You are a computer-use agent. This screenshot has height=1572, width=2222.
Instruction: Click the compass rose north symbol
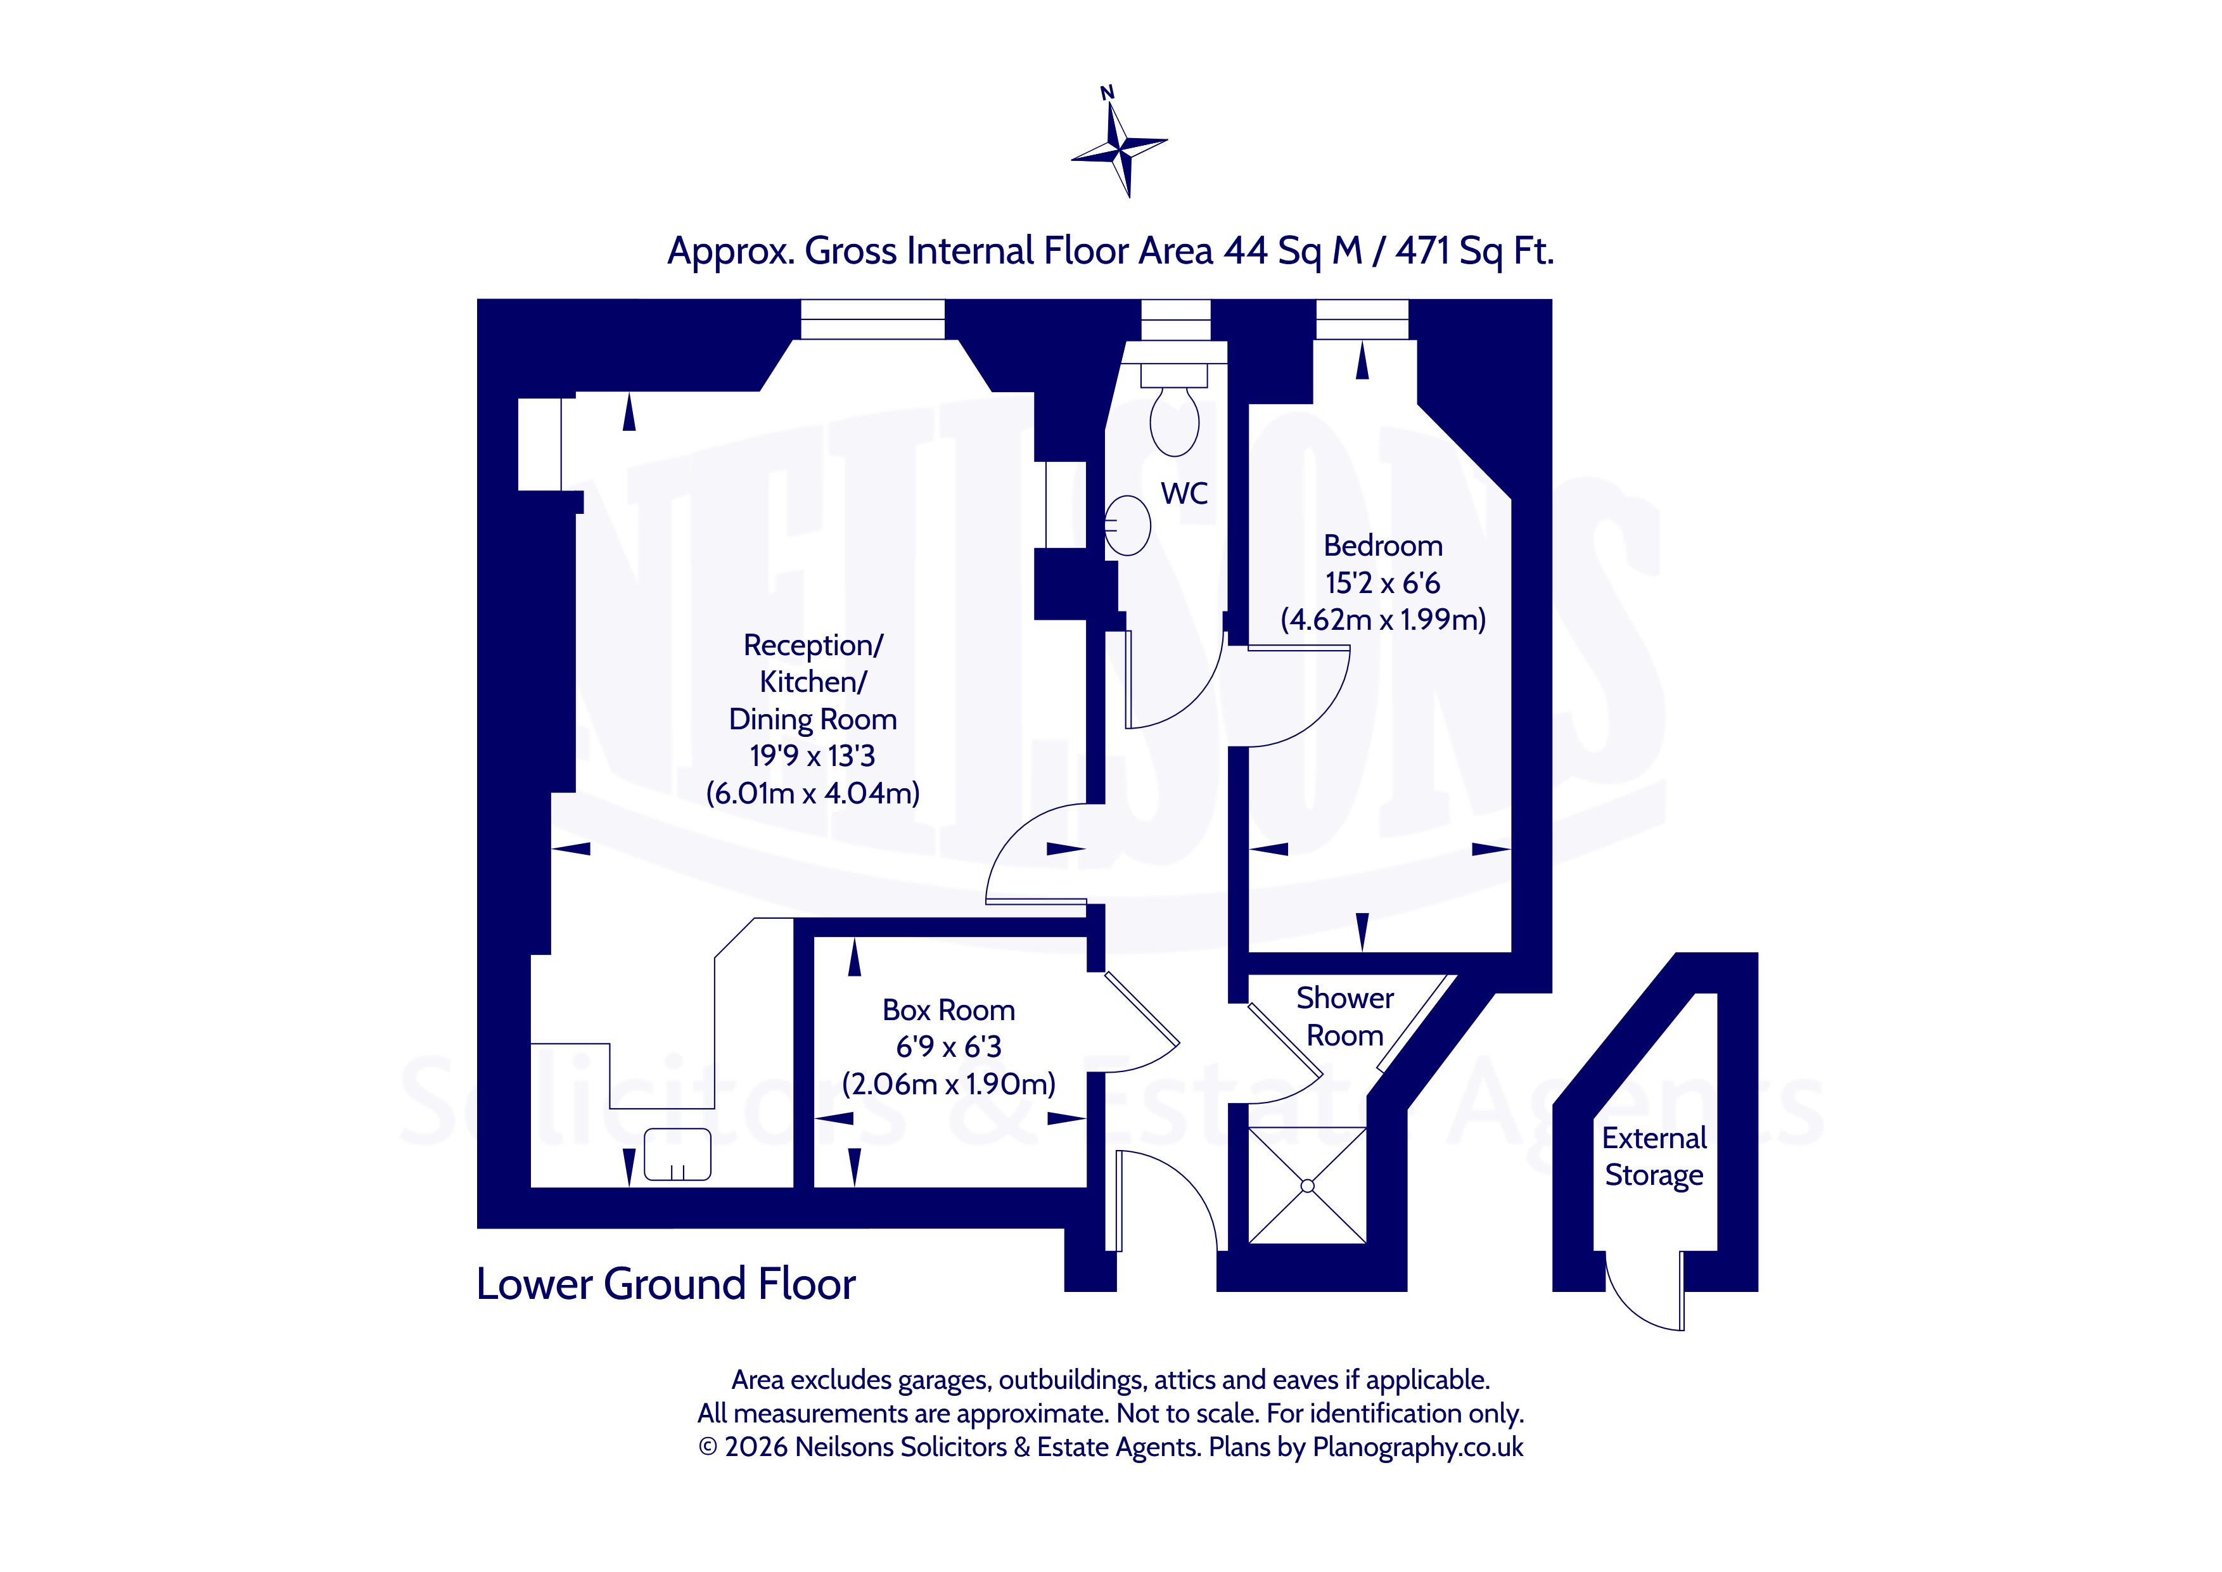pos(1119,143)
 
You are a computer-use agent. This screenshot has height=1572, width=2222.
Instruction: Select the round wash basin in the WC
pos(1127,526)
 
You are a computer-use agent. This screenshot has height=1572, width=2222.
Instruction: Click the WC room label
pos(1185,494)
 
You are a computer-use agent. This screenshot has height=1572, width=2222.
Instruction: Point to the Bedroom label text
pos(1383,546)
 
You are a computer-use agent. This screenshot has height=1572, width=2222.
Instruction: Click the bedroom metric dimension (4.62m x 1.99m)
pos(1383,620)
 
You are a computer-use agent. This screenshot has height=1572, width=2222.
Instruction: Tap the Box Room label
pos(948,1011)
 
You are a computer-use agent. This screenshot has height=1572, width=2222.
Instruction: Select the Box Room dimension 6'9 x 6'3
pos(948,1046)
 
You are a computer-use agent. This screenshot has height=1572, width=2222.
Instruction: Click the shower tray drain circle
pos(1308,1185)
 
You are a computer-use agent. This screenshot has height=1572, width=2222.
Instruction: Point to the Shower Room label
pos(1345,1016)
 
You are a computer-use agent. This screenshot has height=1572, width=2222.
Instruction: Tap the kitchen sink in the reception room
pos(677,1154)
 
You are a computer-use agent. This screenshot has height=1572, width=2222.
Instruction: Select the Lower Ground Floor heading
pos(666,1284)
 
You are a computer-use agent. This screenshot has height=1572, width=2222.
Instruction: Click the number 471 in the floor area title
pos(1422,252)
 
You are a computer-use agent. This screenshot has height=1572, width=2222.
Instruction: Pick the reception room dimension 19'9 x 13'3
pos(812,756)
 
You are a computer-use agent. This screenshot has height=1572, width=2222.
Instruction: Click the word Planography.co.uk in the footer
pos(1418,1447)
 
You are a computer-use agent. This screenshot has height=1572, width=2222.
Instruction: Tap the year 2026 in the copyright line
pos(756,1447)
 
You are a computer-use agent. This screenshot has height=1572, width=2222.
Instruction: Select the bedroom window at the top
pos(1363,319)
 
